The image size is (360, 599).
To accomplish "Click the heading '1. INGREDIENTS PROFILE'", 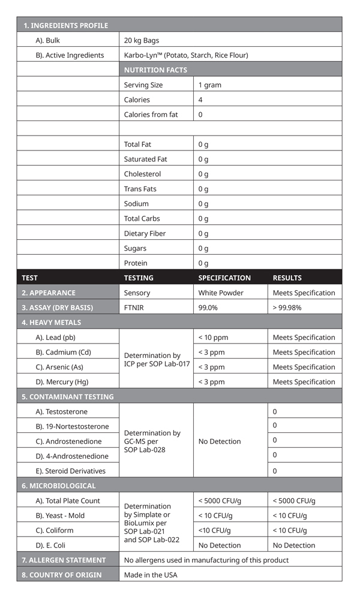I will (x=65, y=25).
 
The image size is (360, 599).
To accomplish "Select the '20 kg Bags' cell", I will (x=141, y=40).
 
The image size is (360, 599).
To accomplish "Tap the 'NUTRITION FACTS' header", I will (x=155, y=70).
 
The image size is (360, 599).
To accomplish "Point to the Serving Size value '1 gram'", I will (x=210, y=85).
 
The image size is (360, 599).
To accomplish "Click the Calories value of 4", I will (x=200, y=100).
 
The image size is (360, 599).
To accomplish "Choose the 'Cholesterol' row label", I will (x=142, y=174).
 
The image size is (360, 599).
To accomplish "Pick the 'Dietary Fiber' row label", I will (x=145, y=233).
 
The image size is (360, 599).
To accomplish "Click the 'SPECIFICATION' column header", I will (x=224, y=278).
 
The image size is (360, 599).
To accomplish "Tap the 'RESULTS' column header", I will (x=287, y=278).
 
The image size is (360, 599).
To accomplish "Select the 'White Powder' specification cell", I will (x=221, y=293).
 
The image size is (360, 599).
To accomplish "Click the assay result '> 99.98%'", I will (x=287, y=308).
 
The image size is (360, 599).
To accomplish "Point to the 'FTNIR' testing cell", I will (x=134, y=308).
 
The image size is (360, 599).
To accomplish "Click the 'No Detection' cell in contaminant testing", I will (x=220, y=441).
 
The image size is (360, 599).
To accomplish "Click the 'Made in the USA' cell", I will (x=150, y=574).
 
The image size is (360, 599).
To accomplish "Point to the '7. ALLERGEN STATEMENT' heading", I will (x=64, y=560).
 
